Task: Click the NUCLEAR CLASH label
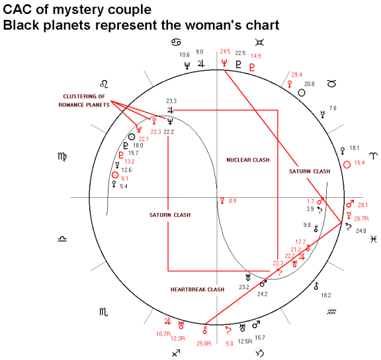pyautogui.click(x=248, y=160)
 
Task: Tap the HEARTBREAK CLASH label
pyautogui.click(x=197, y=289)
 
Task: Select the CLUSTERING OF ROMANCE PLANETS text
pyautogui.click(x=84, y=101)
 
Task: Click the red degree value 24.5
pyautogui.click(x=225, y=52)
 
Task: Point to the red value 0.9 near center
pyautogui.click(x=233, y=201)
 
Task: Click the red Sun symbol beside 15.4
pyautogui.click(x=347, y=165)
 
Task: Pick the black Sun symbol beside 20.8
pyautogui.click(x=302, y=93)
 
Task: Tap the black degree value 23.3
pyautogui.click(x=171, y=101)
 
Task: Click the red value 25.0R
pyautogui.click(x=204, y=343)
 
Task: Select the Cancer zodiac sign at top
pyautogui.click(x=176, y=42)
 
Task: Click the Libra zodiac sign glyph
pyautogui.click(x=62, y=239)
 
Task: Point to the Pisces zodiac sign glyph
pyautogui.click(x=374, y=239)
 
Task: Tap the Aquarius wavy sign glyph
pyautogui.click(x=331, y=312)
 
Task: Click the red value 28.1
pyautogui.click(x=362, y=205)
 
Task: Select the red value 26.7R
pyautogui.click(x=361, y=218)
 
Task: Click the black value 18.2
pyautogui.click(x=326, y=295)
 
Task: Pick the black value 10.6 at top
pyautogui.click(x=185, y=55)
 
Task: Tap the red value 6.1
pyautogui.click(x=124, y=179)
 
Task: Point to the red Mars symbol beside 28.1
pyautogui.click(x=350, y=204)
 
